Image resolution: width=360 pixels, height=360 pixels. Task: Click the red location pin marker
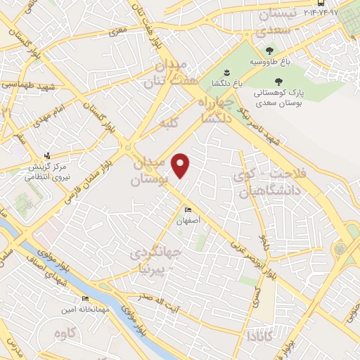point(181,165)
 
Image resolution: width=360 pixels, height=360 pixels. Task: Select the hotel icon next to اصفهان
point(187,210)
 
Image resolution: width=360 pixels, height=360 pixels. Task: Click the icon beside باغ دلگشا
point(226,72)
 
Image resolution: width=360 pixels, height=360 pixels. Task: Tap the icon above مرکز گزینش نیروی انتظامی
point(47,155)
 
